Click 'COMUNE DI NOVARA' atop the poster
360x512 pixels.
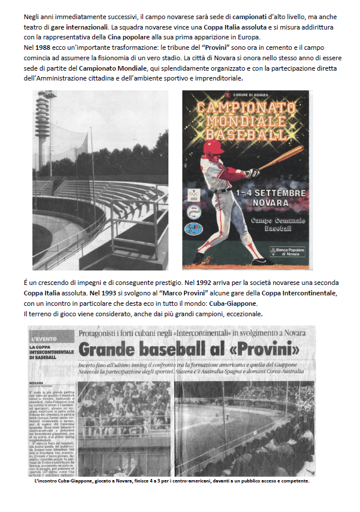(249, 95)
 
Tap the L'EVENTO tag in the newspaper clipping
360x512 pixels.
(45, 338)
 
